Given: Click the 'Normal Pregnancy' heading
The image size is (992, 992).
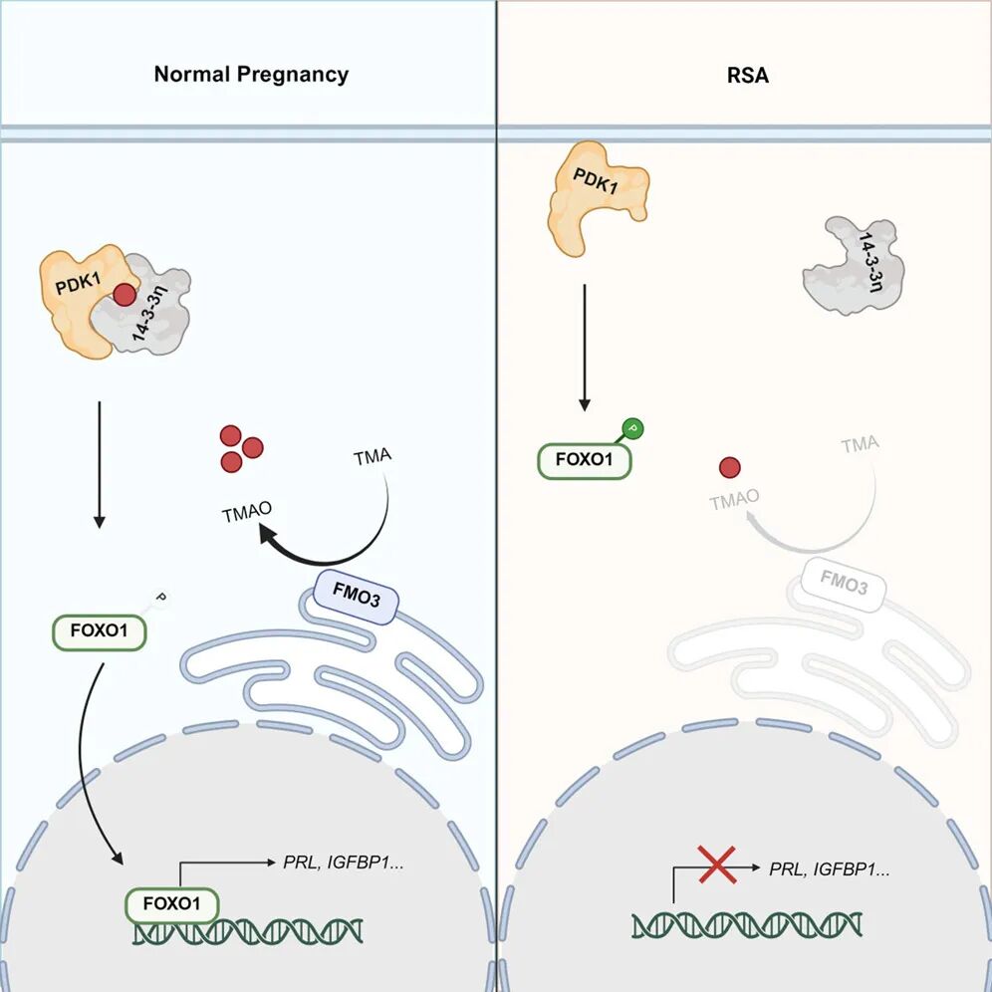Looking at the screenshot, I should coord(251,74).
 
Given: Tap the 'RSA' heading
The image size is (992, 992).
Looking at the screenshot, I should coord(747,74).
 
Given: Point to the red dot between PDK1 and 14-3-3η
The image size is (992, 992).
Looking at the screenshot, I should coord(124,296).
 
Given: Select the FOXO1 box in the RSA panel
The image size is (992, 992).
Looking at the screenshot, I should coord(585,463).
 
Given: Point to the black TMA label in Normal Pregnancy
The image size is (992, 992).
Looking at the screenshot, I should coord(372,458).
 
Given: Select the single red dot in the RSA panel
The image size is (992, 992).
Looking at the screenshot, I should coord(730,466).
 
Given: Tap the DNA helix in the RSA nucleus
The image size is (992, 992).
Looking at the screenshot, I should coord(746,923).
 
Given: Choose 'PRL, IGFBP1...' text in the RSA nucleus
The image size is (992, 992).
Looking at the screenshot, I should coord(830,868).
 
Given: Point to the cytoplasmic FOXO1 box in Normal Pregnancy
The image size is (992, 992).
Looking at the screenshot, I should coord(101,631).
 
